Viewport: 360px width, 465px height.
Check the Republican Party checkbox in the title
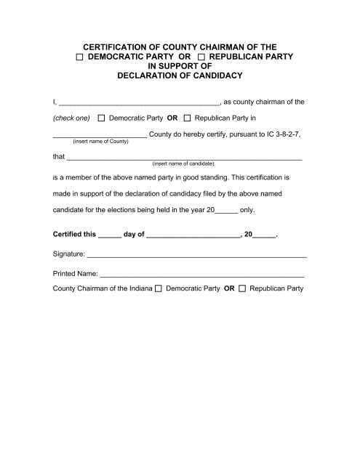tap(201, 56)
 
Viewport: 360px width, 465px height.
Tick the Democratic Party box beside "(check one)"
tap(101, 118)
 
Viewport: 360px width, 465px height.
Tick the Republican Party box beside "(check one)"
tap(188, 118)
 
